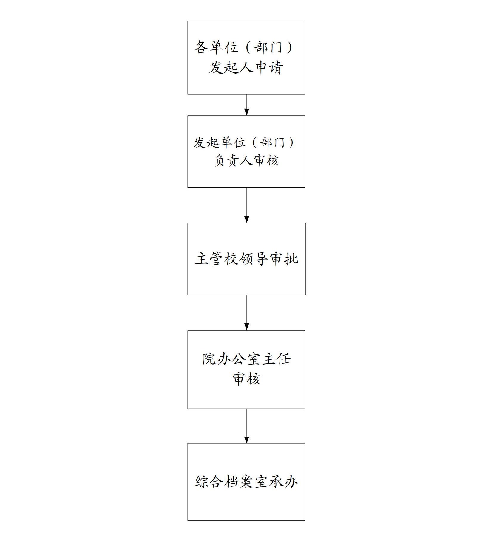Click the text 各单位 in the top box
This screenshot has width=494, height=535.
[x=216, y=47]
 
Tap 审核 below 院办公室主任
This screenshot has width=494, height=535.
[x=246, y=379]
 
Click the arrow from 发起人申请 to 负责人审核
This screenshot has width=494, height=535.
[x=247, y=105]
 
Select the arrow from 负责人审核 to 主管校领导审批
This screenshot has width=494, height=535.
[x=247, y=205]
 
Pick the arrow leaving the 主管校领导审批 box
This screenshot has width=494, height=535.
[x=247, y=313]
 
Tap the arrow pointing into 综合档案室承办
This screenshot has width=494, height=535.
[x=247, y=426]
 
